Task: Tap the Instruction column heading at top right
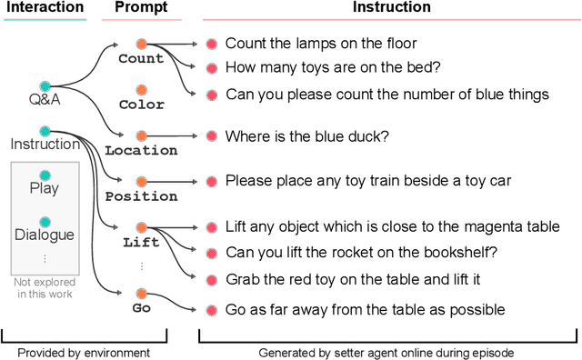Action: tap(391, 7)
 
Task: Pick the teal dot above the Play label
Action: tap(44, 174)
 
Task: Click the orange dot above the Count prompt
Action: tap(141, 44)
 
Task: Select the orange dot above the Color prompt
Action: tap(141, 90)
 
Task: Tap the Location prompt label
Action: tap(141, 151)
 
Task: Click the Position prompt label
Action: tap(141, 196)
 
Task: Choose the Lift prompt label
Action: tap(141, 243)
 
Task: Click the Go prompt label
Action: tap(141, 309)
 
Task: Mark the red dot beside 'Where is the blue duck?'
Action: tap(211, 136)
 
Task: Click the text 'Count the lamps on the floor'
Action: tap(308, 43)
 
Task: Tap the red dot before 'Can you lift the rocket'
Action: tap(211, 253)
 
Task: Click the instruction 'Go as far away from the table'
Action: tap(363, 309)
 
